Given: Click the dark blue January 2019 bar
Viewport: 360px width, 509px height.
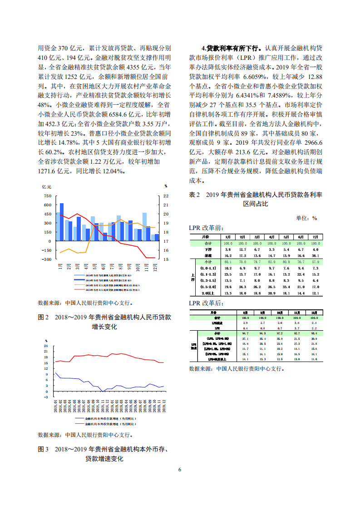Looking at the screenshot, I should pyautogui.click(x=62, y=222).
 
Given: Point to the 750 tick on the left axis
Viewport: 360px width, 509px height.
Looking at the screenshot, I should pyautogui.click(x=47, y=196).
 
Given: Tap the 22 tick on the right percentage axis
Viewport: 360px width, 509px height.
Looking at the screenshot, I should pyautogui.click(x=166, y=196).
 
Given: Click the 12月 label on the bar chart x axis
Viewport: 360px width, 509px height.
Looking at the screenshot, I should pyautogui.click(x=155, y=266).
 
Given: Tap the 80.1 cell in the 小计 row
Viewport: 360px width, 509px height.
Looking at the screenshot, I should pyautogui.click(x=228, y=262).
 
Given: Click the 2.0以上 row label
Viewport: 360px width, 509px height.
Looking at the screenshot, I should pyautogui.click(x=207, y=293).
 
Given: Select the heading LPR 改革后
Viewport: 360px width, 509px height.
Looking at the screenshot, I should pyautogui.click(x=206, y=303).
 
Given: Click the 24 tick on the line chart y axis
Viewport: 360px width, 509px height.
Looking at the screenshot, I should pyautogui.click(x=46, y=347).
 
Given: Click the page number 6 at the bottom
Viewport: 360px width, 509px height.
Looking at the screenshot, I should pyautogui.click(x=180, y=469).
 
